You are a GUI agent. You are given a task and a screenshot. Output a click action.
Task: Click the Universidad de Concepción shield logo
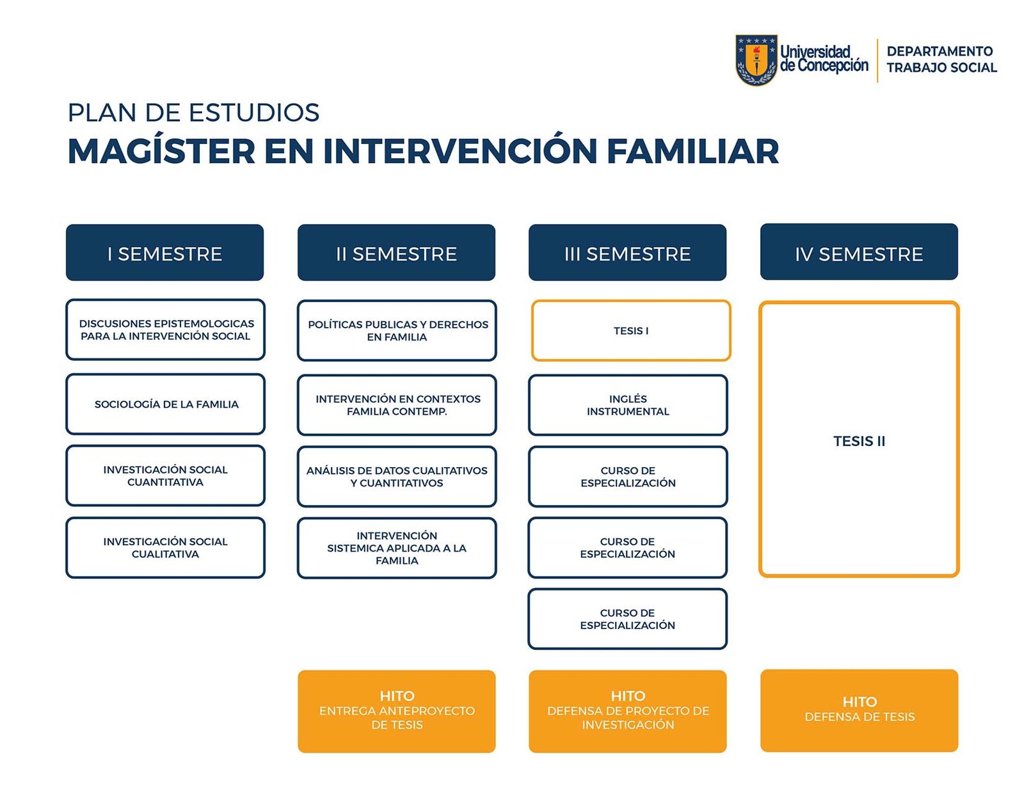pos(756,60)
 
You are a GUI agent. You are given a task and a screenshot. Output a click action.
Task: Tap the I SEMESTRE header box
pos(164,253)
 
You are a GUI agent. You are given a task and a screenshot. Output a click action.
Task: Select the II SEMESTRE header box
pos(396,253)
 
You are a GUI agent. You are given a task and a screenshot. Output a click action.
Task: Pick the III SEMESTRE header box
pos(627,253)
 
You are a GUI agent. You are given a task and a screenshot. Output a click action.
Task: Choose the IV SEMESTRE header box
pos(859,252)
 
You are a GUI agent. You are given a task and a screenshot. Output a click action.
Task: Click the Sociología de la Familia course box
pos(165,404)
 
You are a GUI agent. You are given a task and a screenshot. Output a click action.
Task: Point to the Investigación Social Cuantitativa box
pos(165,476)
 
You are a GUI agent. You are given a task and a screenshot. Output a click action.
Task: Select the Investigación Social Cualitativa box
pos(165,548)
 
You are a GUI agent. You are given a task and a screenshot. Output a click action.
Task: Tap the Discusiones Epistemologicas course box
pos(165,330)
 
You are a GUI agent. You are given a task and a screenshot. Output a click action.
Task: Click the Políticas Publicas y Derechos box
pos(397,331)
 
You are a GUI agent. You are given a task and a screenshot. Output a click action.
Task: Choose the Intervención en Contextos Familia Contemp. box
pos(397,405)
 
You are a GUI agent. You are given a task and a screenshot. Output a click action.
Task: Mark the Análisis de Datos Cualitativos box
pos(397,477)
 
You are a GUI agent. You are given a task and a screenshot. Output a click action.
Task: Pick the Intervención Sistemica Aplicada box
pos(397,548)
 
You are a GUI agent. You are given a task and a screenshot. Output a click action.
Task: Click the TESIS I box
pos(631,331)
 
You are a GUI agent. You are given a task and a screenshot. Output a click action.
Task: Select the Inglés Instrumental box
pos(628,405)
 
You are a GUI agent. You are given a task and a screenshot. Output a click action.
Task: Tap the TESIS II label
pos(859,442)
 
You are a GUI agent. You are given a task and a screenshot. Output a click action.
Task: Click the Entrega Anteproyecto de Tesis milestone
pos(396,712)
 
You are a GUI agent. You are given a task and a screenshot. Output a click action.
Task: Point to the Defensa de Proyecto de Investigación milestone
pos(627,712)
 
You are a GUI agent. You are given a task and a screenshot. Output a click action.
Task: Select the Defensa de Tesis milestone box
pos(859,710)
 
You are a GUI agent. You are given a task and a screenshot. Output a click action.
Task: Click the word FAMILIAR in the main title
pos(692,152)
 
